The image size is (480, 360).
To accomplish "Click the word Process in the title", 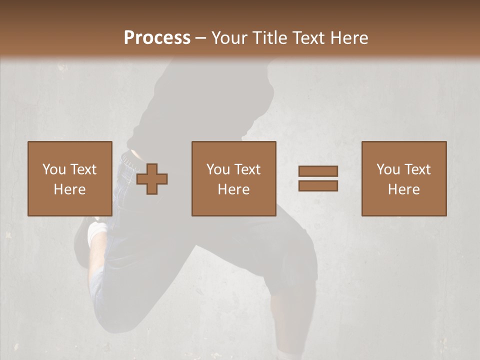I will coord(157,37).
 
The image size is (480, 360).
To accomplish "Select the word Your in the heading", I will coord(230,37).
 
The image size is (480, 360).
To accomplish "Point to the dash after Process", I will coord(200,38).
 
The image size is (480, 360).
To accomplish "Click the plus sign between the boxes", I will coord(152,179).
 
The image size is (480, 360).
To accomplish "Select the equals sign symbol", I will coord(318,178).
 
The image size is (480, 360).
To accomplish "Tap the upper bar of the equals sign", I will coord(318,171).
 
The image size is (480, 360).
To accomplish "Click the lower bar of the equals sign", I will coord(318,185).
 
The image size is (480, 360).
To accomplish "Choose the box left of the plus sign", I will coord(70,178).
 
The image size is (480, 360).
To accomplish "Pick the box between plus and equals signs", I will coord(234,178).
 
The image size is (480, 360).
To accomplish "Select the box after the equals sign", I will coord(404,178).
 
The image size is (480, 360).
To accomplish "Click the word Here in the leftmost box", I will coord(70,189).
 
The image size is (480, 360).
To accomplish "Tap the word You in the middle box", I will coord(218,169).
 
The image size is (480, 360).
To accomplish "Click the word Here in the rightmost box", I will coord(404,189).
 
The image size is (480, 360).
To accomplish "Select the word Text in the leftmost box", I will coord(83,169).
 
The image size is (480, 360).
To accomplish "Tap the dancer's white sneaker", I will coord(97,233).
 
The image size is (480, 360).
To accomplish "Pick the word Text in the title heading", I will coord(307,37).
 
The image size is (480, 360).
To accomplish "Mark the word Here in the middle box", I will coord(234,189).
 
